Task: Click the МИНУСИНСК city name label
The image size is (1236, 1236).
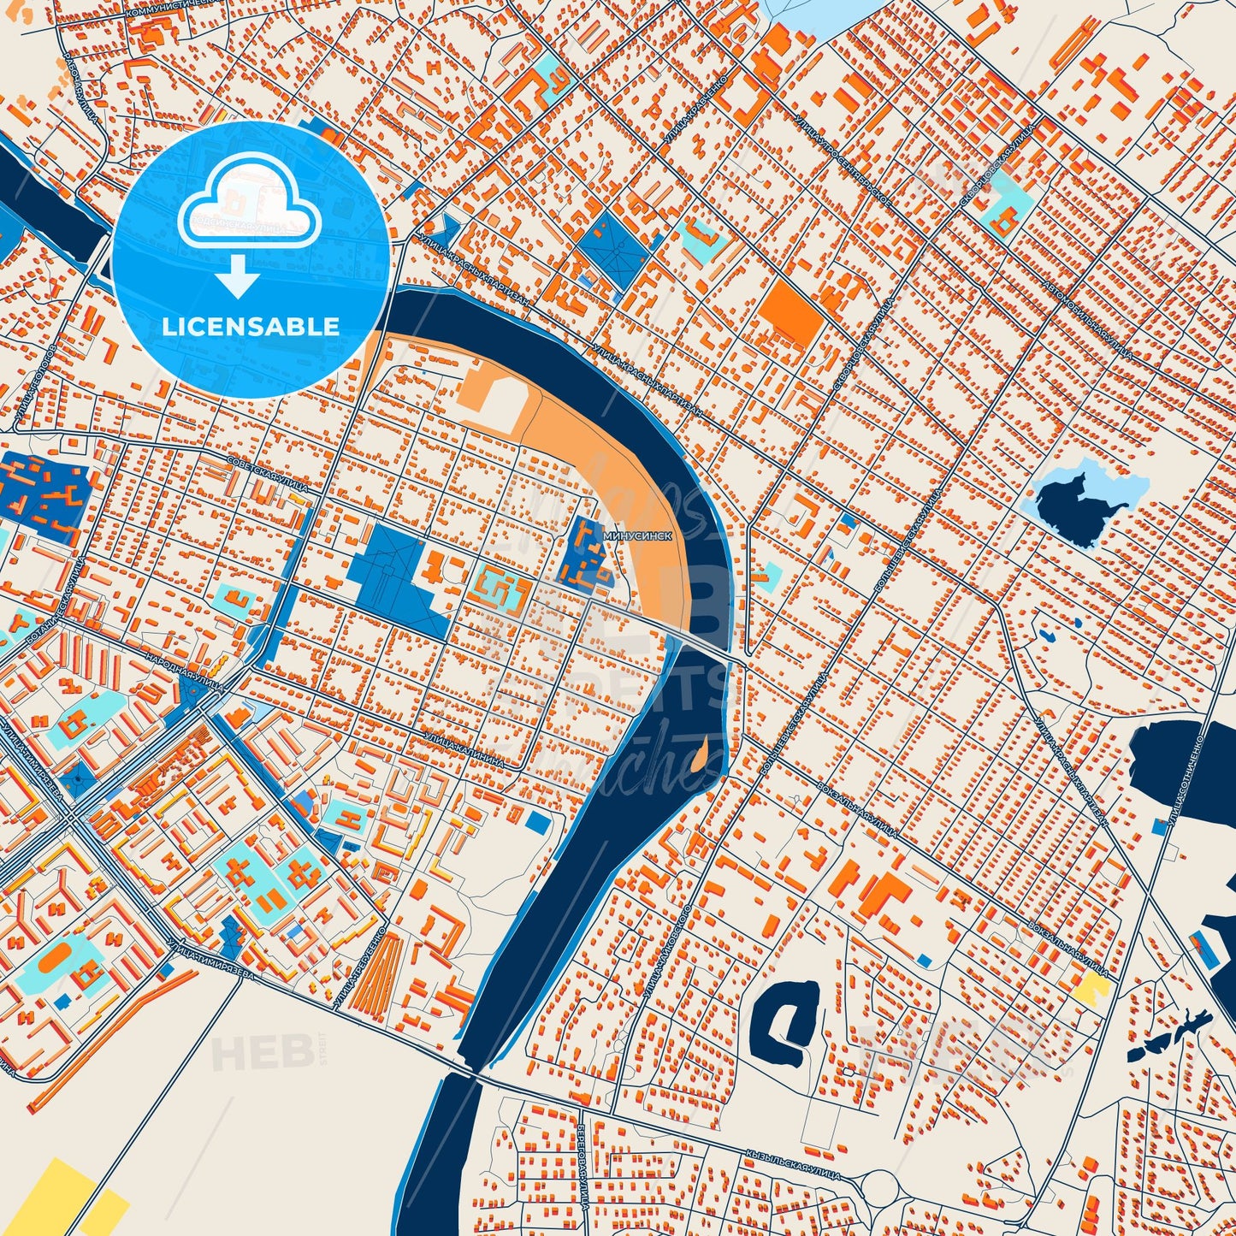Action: [x=637, y=533]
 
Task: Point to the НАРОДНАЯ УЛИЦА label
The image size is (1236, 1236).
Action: [x=185, y=673]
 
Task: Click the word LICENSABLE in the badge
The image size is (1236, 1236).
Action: [x=250, y=327]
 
